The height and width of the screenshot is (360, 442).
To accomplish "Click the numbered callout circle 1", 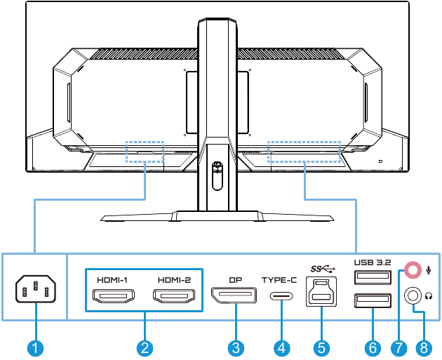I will point(34,347).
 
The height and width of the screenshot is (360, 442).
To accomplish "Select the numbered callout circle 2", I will point(145,347).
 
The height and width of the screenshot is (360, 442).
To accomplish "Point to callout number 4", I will point(281,347).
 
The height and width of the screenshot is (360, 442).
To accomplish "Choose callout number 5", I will point(321,347).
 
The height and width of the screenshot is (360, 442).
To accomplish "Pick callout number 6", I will point(373,347).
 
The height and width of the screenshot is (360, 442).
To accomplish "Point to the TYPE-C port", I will point(281,295).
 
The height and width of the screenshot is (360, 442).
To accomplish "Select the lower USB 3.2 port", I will point(373,302).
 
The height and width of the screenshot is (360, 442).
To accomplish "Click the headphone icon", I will point(429,295).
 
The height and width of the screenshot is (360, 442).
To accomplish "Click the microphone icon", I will point(428,269).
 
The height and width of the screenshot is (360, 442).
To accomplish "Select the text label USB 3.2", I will point(373,262).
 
